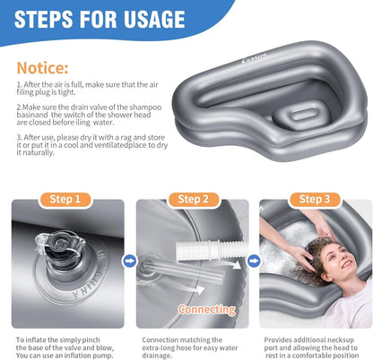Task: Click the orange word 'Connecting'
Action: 207,309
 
